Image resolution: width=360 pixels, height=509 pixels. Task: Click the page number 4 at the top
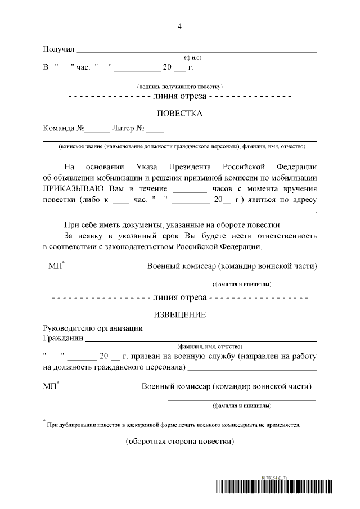tap(179, 26)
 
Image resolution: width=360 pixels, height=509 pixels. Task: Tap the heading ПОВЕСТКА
tap(179, 113)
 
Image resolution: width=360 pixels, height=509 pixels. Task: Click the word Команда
tap(63, 128)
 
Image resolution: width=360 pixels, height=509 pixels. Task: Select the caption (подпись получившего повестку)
tap(180, 87)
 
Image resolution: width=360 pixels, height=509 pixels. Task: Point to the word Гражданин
tap(62, 338)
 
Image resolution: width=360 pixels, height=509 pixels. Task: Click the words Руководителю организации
tap(93, 328)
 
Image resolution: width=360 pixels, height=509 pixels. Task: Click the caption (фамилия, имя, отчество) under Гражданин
tap(209, 346)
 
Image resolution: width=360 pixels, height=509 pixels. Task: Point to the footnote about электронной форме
tap(174, 425)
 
